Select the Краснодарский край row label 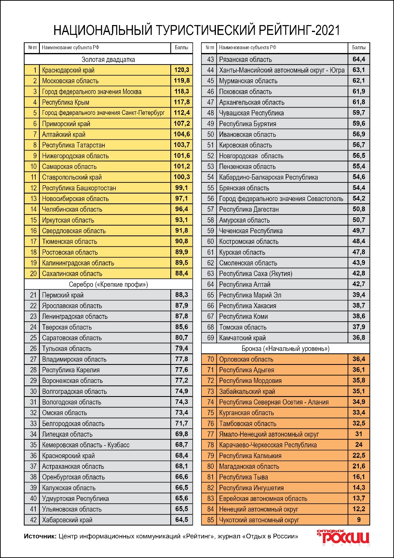(x=68, y=70)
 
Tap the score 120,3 (x=181, y=70)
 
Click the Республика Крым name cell (x=66, y=102)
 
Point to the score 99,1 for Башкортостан (x=181, y=188)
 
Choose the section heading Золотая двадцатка (x=108, y=60)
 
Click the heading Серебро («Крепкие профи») (x=108, y=284)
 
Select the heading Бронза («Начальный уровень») (x=286, y=348)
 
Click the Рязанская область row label (x=245, y=60)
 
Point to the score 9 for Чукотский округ (x=359, y=520)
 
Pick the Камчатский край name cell (x=243, y=338)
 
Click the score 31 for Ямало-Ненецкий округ (x=359, y=434)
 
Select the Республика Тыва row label (x=243, y=477)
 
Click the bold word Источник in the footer (x=40, y=536)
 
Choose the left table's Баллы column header (x=181, y=48)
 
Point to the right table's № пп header (x=210, y=48)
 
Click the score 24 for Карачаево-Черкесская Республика (x=359, y=445)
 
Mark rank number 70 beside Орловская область (x=210, y=359)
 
